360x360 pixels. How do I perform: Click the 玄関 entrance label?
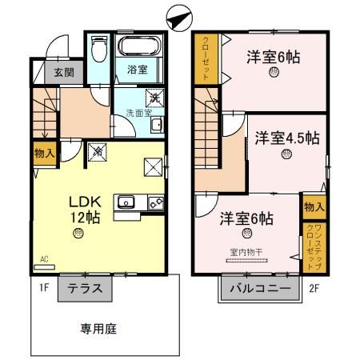pos(64,72)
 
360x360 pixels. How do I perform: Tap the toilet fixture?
pos(98,52)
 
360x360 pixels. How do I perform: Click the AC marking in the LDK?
pos(42,259)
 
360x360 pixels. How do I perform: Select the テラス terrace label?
pos(85,288)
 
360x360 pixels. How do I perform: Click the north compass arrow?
pos(180,16)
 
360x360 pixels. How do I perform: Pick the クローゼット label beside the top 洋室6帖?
pos(205,56)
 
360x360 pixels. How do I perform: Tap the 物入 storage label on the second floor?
pos(314,206)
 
